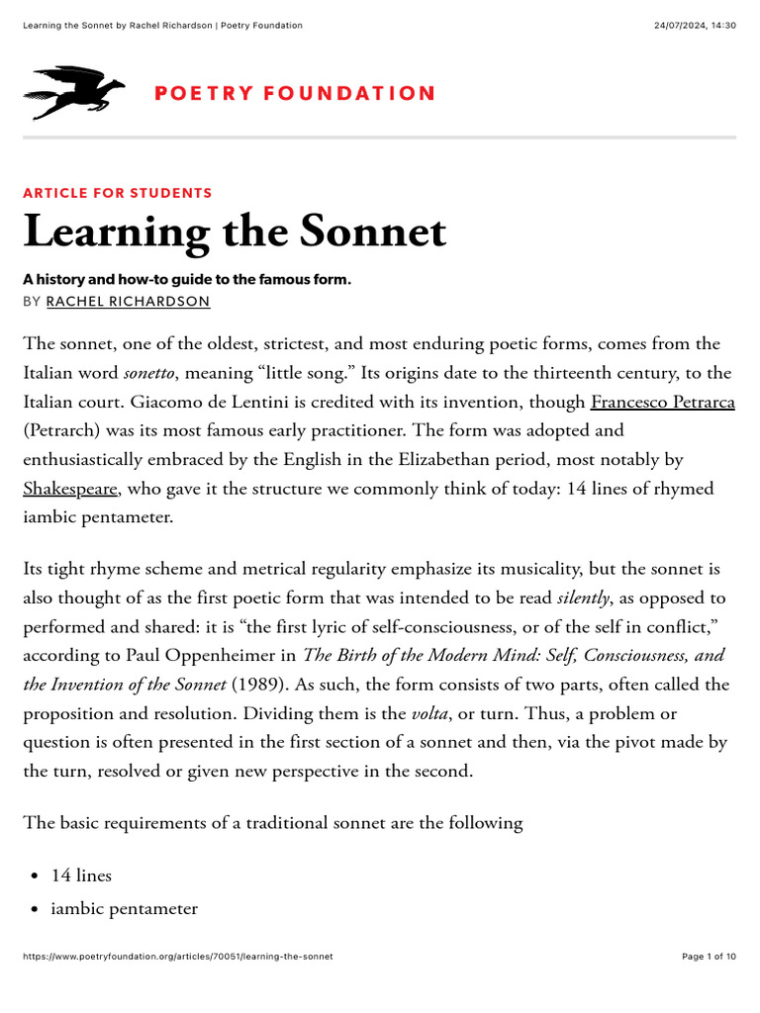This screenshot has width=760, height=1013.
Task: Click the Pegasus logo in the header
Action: click(x=74, y=92)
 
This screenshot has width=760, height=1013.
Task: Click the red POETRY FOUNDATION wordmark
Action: click(x=294, y=93)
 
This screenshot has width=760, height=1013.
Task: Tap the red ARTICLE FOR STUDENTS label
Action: click(x=118, y=193)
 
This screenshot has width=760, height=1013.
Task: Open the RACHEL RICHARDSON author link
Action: click(x=129, y=302)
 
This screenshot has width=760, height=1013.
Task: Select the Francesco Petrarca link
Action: click(x=662, y=402)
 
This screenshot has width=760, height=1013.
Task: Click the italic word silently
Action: click(x=583, y=598)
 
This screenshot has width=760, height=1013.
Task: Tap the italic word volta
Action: click(x=429, y=713)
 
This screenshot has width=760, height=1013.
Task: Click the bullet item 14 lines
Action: click(x=81, y=875)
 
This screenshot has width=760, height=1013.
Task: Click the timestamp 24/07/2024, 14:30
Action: click(x=695, y=26)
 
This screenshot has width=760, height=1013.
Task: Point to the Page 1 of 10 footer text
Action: click(x=710, y=957)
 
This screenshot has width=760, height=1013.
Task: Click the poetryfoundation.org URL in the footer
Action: click(x=178, y=957)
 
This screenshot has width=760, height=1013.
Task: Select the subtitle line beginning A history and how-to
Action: click(x=187, y=280)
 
